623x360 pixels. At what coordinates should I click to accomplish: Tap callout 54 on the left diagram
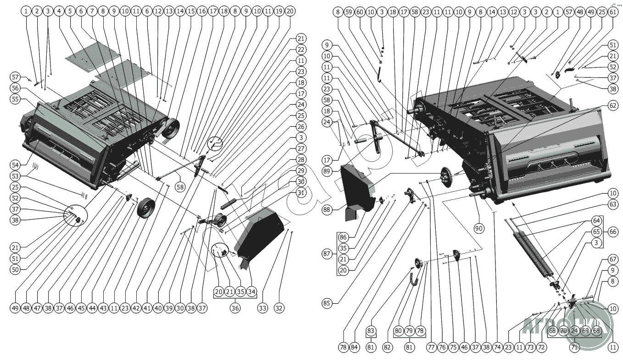pos(15,164)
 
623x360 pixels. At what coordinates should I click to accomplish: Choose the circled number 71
pos(574,347)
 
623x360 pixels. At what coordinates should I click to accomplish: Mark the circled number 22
pos(300,50)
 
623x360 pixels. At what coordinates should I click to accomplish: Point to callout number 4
pos(59,11)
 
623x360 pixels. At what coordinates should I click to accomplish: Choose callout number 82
pos(387,347)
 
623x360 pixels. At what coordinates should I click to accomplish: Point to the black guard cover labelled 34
pos(259,234)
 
